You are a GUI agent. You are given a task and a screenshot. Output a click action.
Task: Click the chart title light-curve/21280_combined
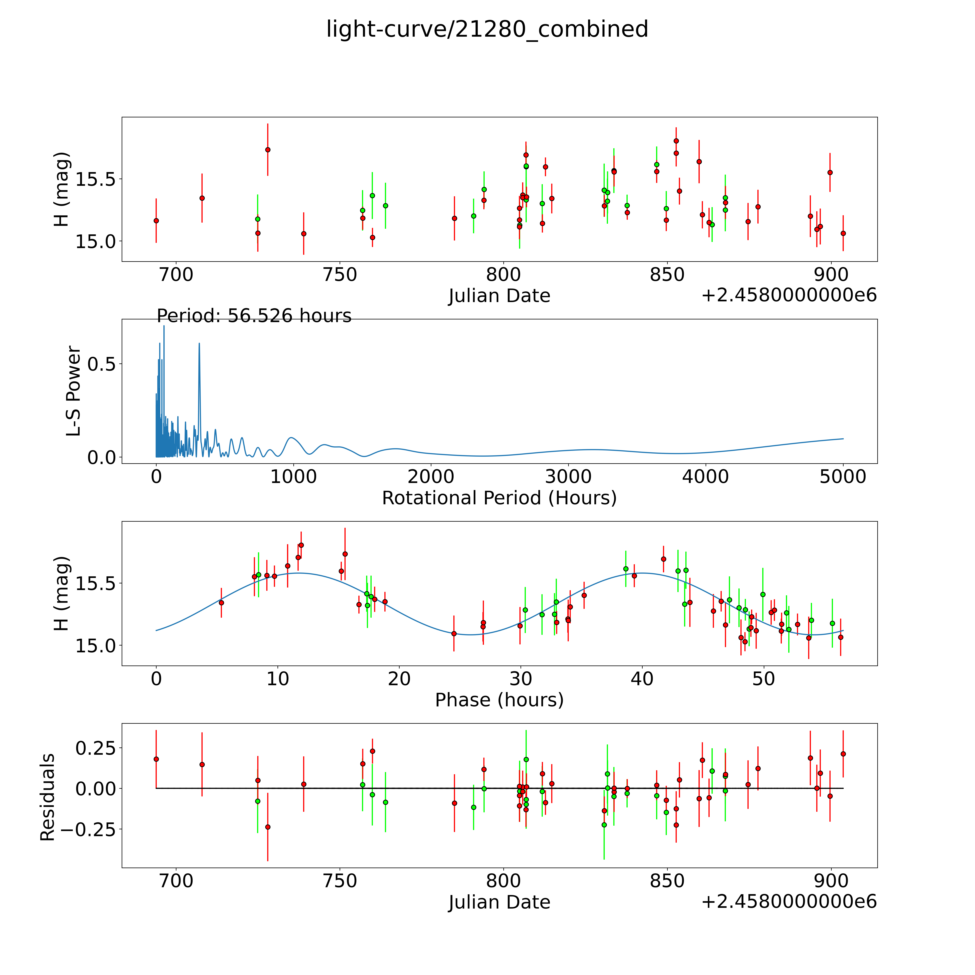tap(487, 29)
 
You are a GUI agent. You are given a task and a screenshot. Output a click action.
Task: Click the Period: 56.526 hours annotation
tap(254, 316)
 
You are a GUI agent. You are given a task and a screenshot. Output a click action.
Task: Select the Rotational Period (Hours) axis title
tap(499, 498)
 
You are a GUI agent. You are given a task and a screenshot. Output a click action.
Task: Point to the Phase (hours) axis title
tap(499, 700)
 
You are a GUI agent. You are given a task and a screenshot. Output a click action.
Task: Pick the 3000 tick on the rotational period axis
tap(568, 477)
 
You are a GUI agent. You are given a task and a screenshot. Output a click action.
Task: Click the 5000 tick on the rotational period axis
tap(843, 477)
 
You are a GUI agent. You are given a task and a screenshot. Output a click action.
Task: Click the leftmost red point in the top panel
tap(156, 220)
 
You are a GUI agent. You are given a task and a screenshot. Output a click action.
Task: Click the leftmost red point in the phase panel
tap(221, 603)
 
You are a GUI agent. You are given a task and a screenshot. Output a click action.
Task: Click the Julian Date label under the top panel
tap(499, 296)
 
